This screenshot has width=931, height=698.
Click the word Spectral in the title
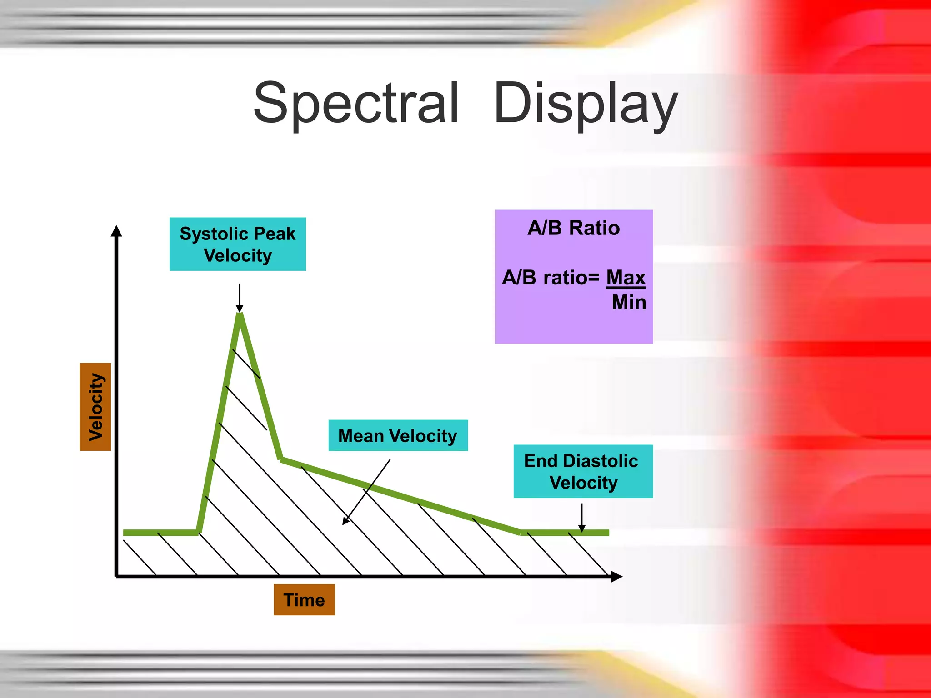pos(356,103)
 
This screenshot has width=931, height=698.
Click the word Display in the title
pos(586,103)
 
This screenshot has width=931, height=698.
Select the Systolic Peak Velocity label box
pos(237,244)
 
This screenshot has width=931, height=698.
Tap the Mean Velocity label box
pos(398,435)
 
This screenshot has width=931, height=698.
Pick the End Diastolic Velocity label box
pos(583,471)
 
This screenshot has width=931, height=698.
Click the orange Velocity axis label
pos(95,407)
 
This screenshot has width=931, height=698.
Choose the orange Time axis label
pos(304,600)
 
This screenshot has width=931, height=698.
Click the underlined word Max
pos(626,277)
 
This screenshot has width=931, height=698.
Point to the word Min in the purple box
pos(629,302)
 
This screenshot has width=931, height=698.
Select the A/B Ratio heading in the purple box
pos(573,228)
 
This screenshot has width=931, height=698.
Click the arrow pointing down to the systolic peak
pos(240,297)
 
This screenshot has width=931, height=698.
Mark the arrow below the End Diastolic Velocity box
pos(581,517)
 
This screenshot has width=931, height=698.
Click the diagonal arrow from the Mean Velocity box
pos(366,492)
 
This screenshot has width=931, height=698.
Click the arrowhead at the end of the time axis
pos(616,577)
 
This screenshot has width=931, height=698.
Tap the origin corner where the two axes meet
pos(117,576)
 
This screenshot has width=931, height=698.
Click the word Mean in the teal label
pos(361,435)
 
